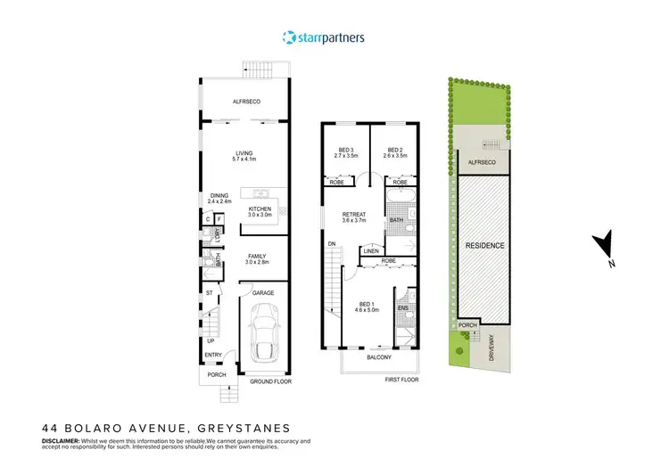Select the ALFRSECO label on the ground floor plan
pyautogui.click(x=245, y=102)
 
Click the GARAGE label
pyautogui.click(x=263, y=292)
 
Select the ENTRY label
pyautogui.click(x=213, y=356)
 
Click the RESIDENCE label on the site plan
pyautogui.click(x=483, y=246)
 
